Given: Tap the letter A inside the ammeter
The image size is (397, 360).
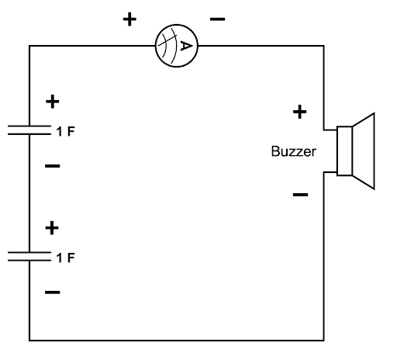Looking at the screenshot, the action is [x=186, y=46].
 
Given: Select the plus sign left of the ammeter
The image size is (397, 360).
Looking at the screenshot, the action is [x=129, y=19].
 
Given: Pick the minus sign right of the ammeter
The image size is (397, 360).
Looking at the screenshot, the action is [x=217, y=19].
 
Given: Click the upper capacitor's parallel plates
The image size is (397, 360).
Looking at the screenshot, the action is [x=29, y=130].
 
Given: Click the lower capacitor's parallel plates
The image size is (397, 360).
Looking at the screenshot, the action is [x=29, y=256].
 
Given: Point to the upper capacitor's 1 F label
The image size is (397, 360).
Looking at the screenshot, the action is [x=66, y=131].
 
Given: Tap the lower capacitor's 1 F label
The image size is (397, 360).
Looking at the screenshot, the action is [x=66, y=258].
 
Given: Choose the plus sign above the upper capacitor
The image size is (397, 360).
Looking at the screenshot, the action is [x=53, y=102].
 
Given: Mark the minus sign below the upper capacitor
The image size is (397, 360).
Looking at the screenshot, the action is [x=53, y=166].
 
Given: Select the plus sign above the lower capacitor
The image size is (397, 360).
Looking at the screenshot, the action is [x=52, y=228].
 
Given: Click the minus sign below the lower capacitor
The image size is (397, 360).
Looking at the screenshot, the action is [x=53, y=292].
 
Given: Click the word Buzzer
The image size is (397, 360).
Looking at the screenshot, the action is [x=294, y=151].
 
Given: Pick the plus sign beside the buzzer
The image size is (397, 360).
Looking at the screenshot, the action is [x=299, y=112].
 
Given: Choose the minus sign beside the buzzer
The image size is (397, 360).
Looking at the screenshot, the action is [x=300, y=195].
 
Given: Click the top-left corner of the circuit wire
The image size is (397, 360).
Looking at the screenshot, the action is [x=29, y=46].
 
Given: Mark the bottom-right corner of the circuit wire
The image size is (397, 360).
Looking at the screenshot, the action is [x=323, y=340].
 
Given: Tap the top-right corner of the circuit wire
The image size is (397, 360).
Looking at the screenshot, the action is [x=323, y=46].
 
